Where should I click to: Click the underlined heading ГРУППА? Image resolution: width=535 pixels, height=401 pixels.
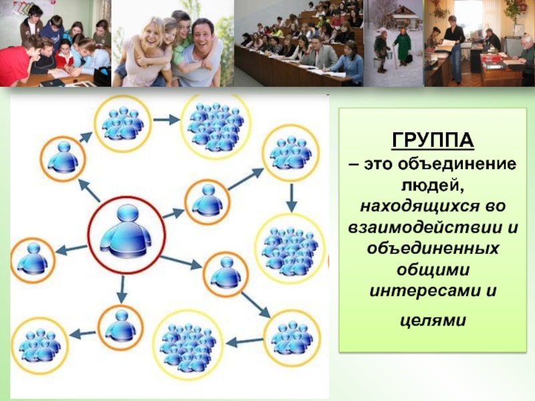click(x=433, y=140)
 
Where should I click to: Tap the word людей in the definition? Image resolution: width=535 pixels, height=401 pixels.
click(x=432, y=186)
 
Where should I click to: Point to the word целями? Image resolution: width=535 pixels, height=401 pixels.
click(x=433, y=321)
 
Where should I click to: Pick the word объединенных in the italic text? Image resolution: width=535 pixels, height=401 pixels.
click(x=433, y=248)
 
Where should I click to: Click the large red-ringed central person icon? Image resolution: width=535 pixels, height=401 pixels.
click(x=126, y=235)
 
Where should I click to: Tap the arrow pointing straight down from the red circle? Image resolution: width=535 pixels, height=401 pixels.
click(x=122, y=289)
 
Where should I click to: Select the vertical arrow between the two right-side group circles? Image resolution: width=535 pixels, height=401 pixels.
click(x=291, y=198)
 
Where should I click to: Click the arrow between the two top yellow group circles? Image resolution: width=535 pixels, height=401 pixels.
click(x=166, y=120)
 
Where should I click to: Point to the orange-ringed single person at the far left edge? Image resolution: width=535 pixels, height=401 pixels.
click(x=33, y=260)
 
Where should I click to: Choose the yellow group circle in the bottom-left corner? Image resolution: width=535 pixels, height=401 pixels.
click(x=39, y=346)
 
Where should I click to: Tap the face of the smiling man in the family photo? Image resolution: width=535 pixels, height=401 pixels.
click(x=203, y=35)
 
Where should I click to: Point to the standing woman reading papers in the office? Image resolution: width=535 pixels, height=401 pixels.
click(x=454, y=47)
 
